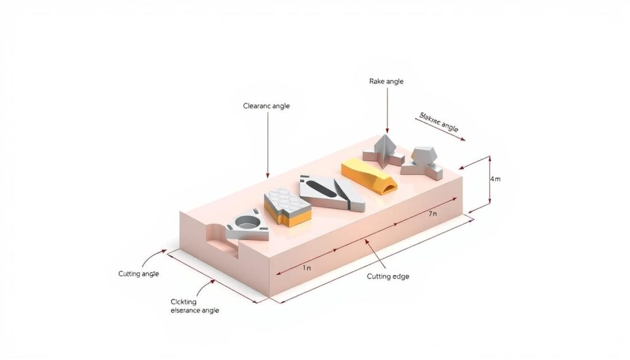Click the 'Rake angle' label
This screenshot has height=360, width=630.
pos(386,81)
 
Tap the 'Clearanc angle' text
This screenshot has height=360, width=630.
pos(266,106)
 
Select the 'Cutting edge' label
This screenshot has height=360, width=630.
pos(388,276)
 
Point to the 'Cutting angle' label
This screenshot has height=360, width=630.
pos(138,273)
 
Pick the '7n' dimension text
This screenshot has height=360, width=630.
pos(433,214)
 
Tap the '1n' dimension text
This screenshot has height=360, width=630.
pos(306,268)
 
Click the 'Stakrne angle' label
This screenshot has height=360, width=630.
pos(439,122)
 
